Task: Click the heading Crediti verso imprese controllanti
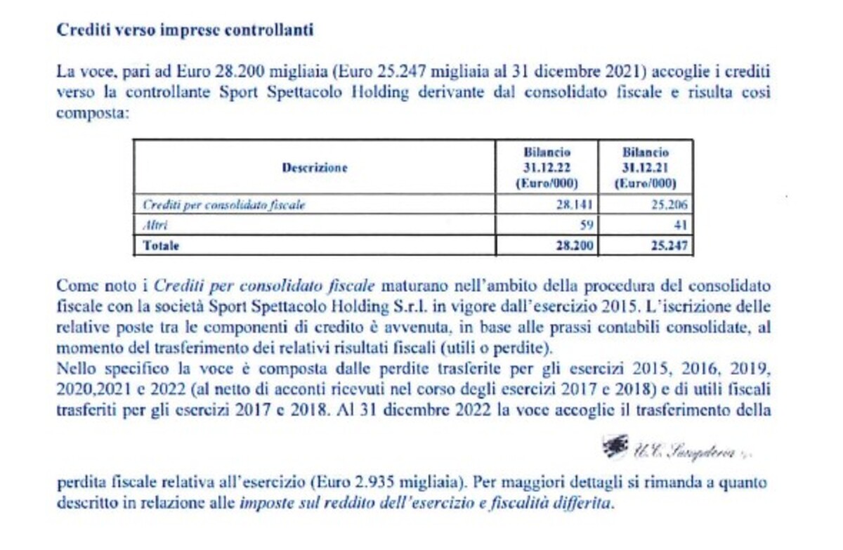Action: pos(184,30)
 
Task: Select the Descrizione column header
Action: pos(314,168)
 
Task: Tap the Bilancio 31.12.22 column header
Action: pos(547,168)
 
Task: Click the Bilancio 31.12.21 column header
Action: pos(646,168)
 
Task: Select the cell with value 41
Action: pos(679,225)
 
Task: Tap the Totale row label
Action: pos(161,246)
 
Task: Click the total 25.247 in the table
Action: pos(669,246)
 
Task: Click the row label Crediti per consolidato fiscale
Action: pos(225,205)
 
